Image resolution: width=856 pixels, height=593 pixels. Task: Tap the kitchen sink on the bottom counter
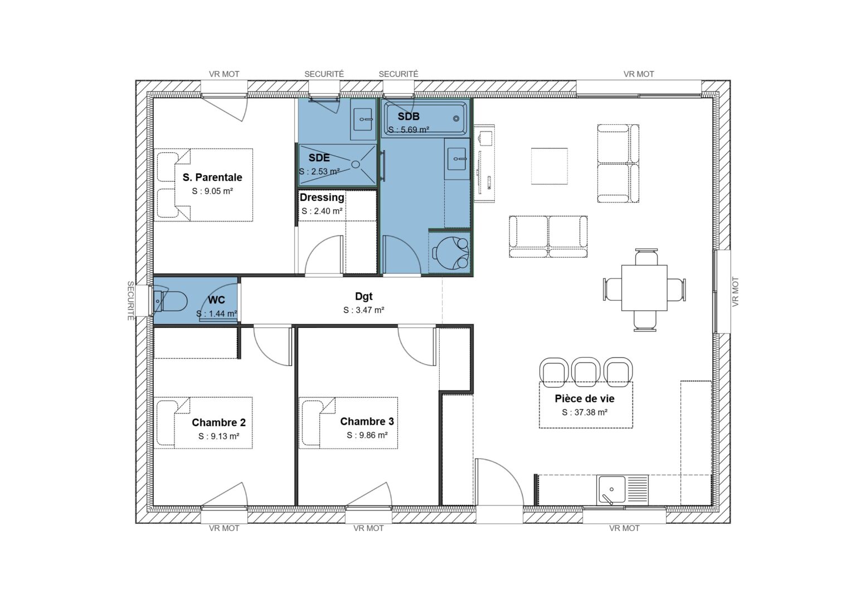click(x=611, y=490)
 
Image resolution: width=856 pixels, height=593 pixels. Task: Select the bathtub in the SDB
click(x=426, y=118)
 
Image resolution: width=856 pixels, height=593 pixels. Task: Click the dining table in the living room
click(x=644, y=288)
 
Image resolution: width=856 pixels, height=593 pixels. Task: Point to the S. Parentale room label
click(x=212, y=177)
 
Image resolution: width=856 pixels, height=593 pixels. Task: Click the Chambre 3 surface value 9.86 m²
click(x=367, y=435)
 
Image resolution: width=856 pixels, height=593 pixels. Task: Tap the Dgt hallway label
click(x=363, y=296)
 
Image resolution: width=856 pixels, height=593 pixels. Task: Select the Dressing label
click(x=322, y=197)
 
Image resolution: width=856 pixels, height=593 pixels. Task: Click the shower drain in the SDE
click(x=355, y=164)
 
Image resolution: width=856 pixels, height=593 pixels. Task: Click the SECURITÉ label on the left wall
click(x=130, y=300)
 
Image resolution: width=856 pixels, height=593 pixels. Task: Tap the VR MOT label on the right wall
click(x=735, y=292)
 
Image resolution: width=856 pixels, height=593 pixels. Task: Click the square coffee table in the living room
click(x=549, y=166)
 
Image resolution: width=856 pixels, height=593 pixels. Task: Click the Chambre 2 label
click(x=218, y=422)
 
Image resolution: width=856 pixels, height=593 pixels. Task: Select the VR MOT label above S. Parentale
click(x=224, y=74)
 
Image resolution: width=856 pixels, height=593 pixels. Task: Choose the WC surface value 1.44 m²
click(x=217, y=314)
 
